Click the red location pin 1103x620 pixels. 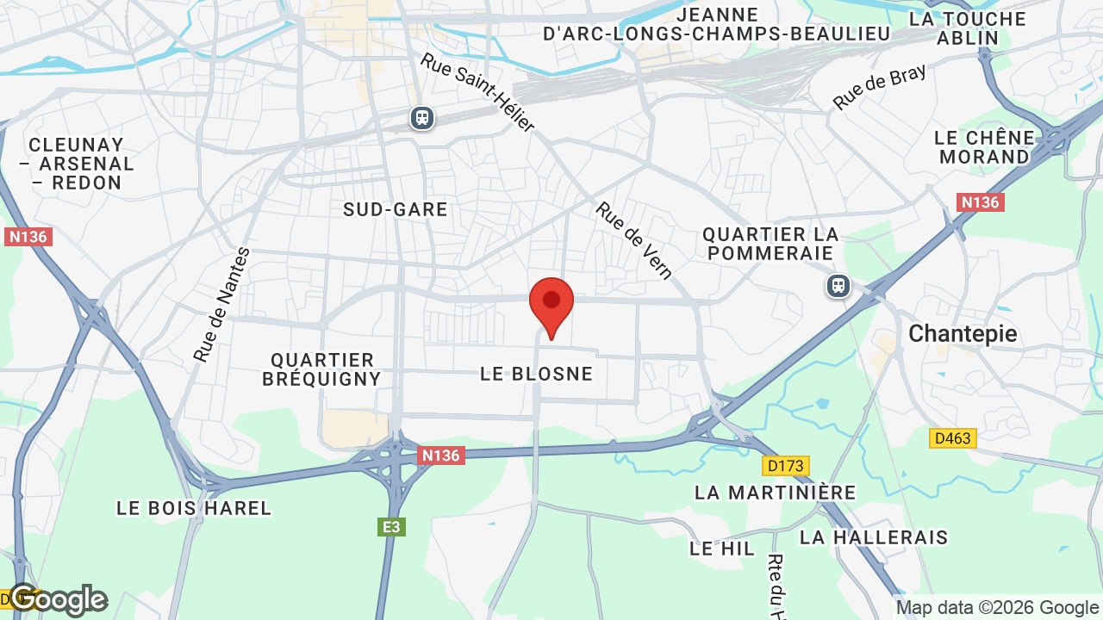[x=551, y=303]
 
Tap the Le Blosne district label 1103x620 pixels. [x=536, y=374]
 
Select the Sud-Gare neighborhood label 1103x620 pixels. [x=396, y=209]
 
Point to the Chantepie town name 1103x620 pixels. [x=963, y=333]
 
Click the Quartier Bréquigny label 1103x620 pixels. [x=321, y=369]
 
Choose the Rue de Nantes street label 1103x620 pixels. [x=221, y=305]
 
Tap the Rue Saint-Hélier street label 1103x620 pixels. [x=478, y=92]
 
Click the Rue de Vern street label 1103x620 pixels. [x=634, y=241]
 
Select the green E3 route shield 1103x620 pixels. [x=391, y=526]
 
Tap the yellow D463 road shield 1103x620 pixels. [x=952, y=438]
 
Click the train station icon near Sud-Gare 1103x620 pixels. [x=421, y=117]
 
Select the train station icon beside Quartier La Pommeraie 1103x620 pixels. [x=838, y=286]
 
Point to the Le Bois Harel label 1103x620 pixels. [x=194, y=508]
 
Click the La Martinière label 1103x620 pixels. [x=775, y=493]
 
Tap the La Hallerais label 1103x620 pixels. [x=874, y=537]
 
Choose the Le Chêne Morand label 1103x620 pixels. [x=984, y=147]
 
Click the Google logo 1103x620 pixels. [x=59, y=599]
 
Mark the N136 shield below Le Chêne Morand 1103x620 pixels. [x=980, y=202]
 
